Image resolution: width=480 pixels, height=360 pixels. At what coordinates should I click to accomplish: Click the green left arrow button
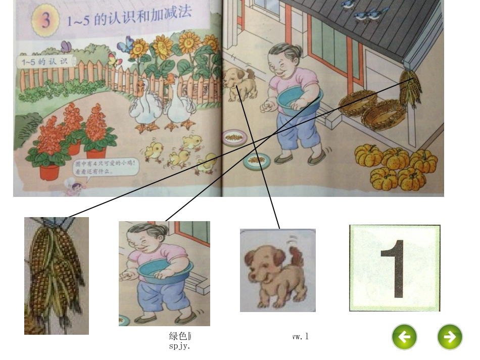tap(404, 337)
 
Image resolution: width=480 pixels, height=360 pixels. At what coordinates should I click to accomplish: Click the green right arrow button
tap(449, 337)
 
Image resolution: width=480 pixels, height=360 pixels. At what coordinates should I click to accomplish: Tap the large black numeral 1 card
tap(395, 268)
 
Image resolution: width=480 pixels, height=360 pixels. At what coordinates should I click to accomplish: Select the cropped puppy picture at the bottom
tap(277, 271)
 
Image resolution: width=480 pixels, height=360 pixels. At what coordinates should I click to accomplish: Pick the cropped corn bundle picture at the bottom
tap(56, 276)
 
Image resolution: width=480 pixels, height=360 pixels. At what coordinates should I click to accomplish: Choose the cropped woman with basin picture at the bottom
tap(164, 273)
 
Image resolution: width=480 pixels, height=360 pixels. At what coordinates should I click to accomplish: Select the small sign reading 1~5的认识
tap(45, 62)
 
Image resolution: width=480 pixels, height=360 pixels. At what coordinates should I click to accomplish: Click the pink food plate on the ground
tap(234, 136)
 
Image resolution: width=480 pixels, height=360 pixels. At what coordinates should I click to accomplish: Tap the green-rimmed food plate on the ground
tap(256, 161)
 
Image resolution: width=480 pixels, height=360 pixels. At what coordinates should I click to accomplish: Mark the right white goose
tap(179, 104)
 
